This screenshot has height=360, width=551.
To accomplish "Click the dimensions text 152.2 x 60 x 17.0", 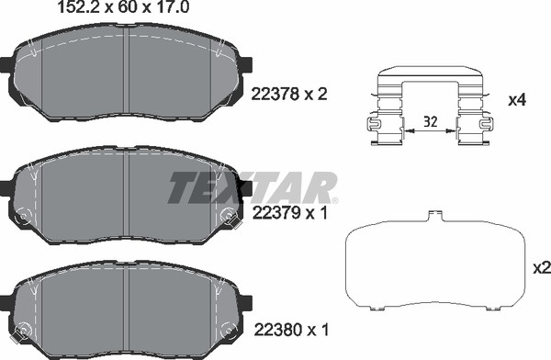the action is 123,7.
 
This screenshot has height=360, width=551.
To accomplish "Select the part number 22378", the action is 275,95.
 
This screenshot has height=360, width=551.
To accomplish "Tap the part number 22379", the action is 275,213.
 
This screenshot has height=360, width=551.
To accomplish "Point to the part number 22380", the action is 277,330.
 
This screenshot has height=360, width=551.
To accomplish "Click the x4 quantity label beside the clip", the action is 517,100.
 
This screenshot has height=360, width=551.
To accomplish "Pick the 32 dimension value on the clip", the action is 430,122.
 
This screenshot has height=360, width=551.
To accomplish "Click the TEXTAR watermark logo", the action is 253,188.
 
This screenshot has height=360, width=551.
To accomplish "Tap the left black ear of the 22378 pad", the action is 6,65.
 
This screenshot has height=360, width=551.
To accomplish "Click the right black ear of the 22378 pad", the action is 246,64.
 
